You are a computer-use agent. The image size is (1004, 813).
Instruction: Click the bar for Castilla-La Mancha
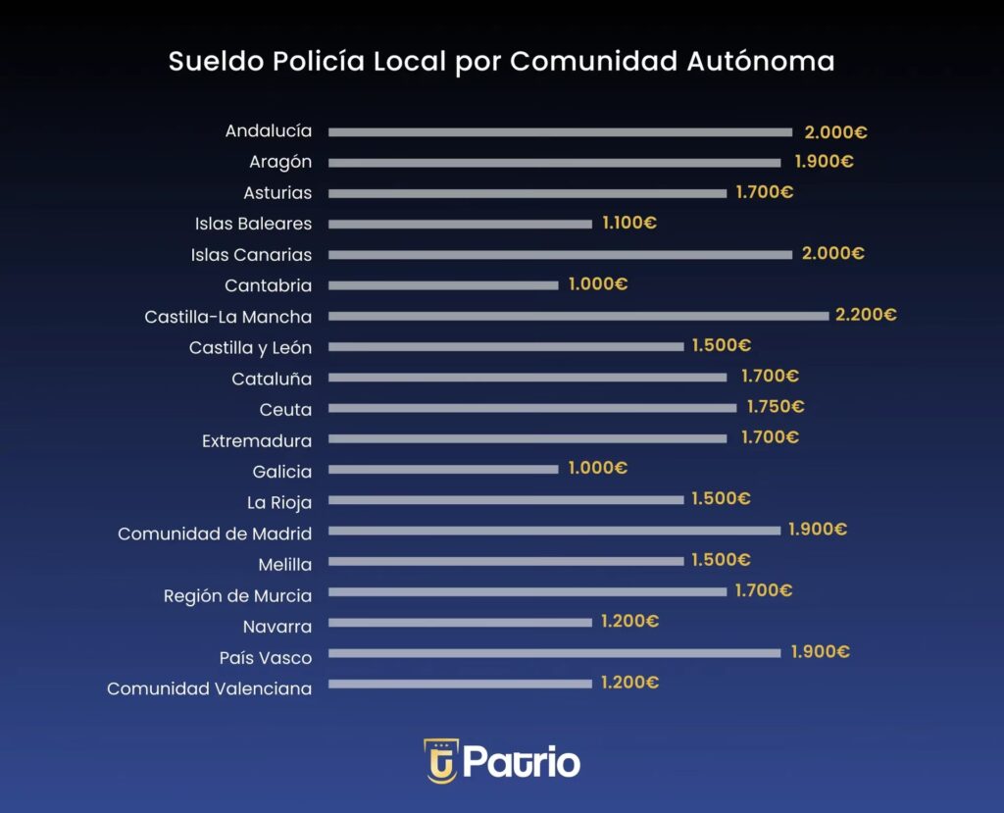(578, 316)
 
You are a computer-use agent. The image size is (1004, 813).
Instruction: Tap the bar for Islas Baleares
(460, 224)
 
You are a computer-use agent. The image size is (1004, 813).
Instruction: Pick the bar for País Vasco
(555, 653)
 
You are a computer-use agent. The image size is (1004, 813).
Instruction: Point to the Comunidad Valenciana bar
(460, 684)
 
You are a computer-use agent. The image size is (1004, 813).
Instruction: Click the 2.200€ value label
(866, 315)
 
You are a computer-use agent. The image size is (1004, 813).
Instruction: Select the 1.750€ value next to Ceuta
(775, 407)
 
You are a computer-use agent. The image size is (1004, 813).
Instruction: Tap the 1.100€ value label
(628, 223)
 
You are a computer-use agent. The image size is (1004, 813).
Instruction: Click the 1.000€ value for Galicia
(598, 468)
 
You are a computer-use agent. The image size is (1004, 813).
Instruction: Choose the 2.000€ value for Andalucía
(835, 132)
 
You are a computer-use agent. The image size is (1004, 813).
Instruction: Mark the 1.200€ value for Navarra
(629, 622)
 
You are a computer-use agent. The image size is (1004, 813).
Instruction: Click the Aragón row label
(280, 162)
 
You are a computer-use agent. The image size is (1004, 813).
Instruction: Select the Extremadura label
(257, 440)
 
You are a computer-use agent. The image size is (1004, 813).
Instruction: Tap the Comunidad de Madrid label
(215, 534)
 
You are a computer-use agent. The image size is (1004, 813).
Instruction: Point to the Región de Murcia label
(237, 595)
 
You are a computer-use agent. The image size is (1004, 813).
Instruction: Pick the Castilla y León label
(250, 347)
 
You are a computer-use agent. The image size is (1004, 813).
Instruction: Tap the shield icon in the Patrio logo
(441, 761)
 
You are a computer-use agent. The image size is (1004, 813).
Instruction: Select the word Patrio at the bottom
(522, 762)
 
